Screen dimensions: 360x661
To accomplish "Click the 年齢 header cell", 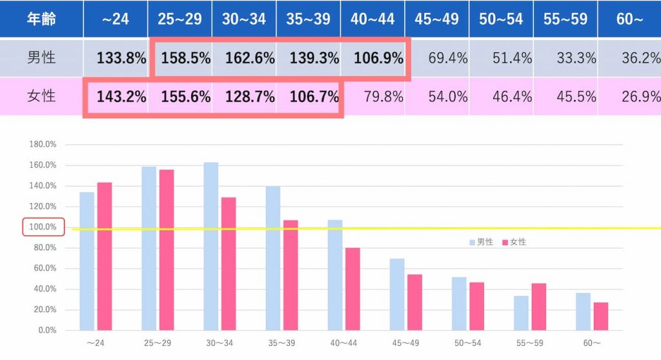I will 41,19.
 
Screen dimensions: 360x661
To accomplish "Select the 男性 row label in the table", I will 41,58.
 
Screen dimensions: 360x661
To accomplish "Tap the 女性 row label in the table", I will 41,97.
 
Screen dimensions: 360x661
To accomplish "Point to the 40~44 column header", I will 372,19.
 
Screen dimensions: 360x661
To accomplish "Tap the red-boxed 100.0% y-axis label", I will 43,227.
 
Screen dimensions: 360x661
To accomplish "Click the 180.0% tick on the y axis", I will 43,145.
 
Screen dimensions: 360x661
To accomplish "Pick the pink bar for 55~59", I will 538,306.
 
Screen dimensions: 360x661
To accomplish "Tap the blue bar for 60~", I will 583,311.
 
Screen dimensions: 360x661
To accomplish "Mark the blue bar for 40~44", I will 334,275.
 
